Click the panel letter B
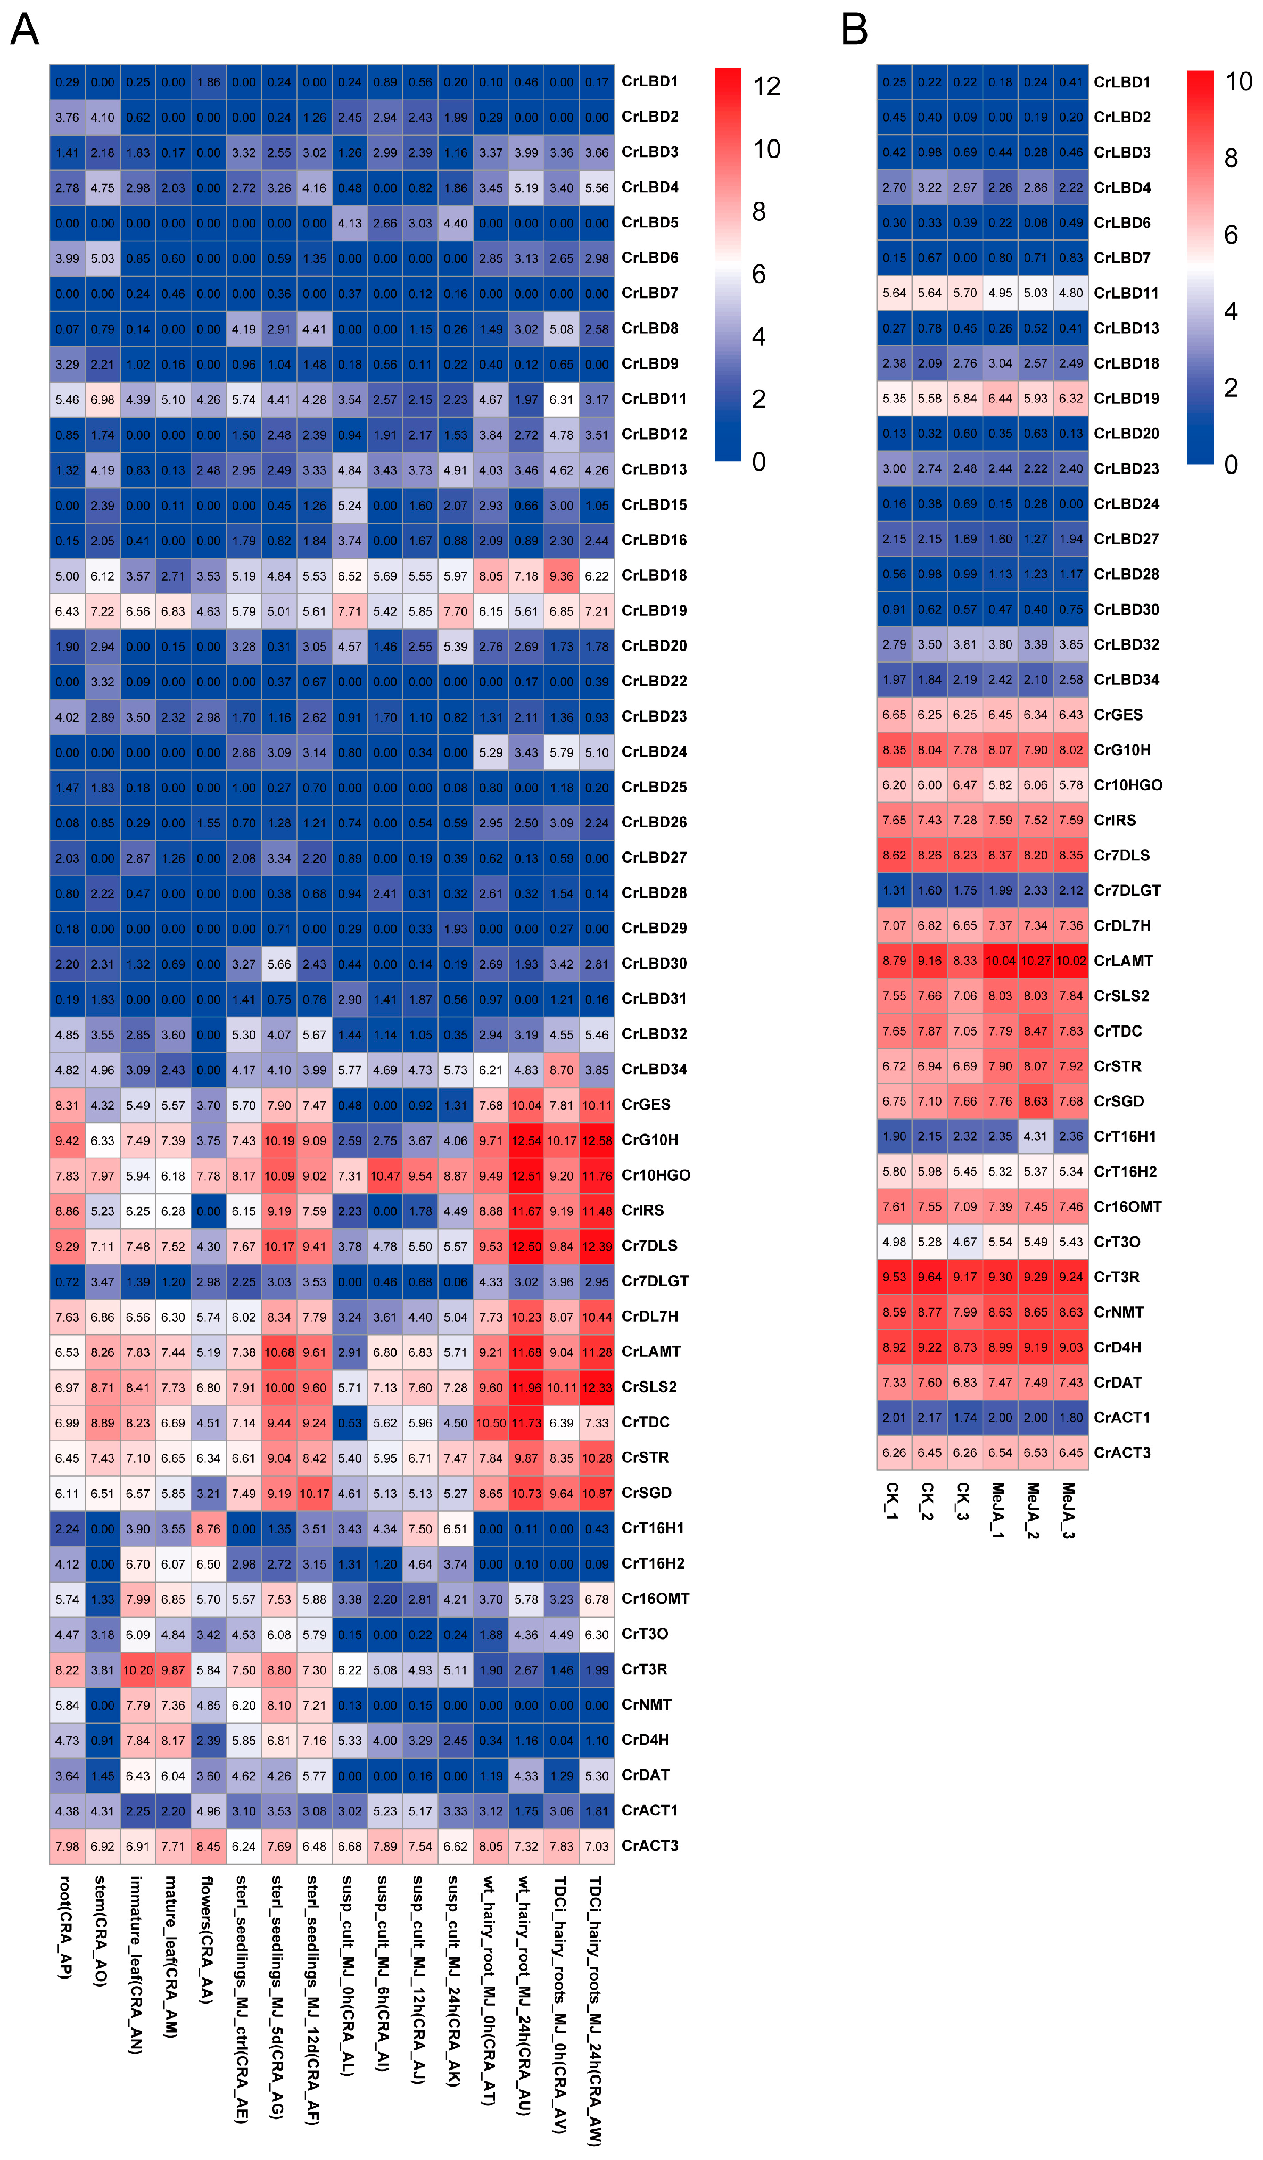pos(854,29)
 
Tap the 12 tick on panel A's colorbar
pos(766,87)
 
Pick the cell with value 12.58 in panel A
pos(597,1140)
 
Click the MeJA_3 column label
pos(1069,1510)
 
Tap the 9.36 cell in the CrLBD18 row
pos(562,576)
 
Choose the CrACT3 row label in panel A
pos(649,1845)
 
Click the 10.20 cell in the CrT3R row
pos(138,1670)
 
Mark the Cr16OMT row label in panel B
pos(1127,1207)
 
